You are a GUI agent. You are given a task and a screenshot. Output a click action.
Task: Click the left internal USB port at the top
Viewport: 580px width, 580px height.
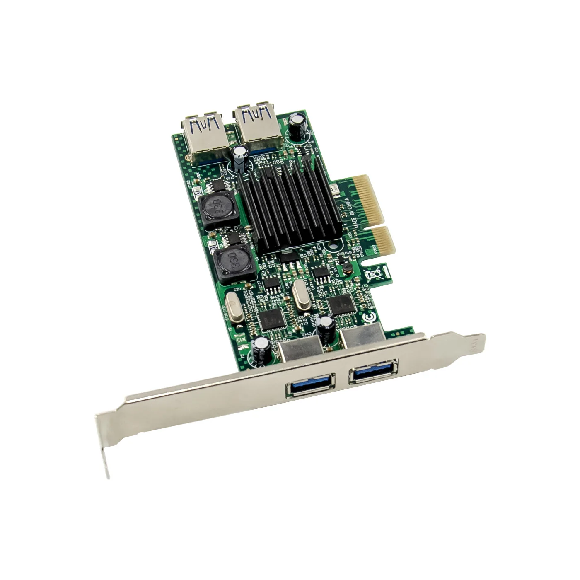(203, 133)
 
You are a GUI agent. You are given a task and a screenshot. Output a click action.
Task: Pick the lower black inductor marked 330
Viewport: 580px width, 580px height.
(229, 262)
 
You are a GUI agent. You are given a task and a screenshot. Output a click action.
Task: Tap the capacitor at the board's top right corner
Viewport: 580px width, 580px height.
(298, 124)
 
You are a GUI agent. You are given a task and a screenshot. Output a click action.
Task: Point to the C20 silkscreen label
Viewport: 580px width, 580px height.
(237, 289)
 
